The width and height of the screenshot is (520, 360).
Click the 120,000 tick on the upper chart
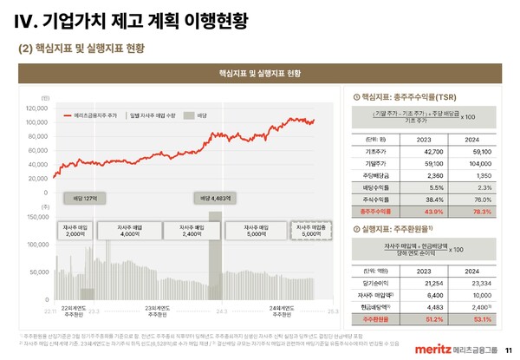pyautogui.click(x=37, y=108)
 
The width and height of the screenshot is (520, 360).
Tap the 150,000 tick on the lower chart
pyautogui.click(x=37, y=217)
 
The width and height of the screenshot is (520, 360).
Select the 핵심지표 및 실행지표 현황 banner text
pyautogui.click(x=260, y=73)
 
